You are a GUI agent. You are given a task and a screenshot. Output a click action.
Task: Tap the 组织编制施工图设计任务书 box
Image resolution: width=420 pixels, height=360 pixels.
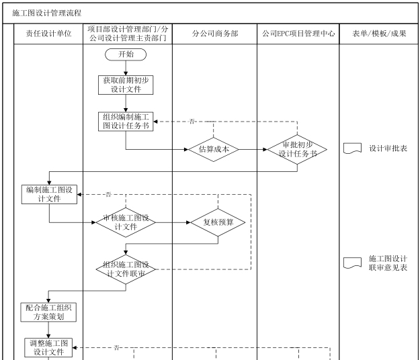[x=126, y=122]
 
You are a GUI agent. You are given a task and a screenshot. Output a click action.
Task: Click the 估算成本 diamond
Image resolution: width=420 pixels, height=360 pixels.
[x=214, y=149]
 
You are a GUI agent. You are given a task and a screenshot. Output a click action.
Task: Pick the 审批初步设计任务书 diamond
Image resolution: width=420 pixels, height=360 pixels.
[x=297, y=149]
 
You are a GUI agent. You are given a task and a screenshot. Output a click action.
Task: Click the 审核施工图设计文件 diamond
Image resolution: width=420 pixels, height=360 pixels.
[x=126, y=222]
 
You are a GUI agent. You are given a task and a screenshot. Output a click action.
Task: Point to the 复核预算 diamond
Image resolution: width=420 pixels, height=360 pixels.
[x=218, y=222]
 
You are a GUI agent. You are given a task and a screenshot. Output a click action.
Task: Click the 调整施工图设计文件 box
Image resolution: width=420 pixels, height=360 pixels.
[x=49, y=348]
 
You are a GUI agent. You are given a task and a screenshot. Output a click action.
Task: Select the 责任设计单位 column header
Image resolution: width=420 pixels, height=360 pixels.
[x=48, y=34]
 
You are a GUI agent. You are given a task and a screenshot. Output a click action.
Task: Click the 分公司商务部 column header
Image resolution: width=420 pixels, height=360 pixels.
[x=214, y=34]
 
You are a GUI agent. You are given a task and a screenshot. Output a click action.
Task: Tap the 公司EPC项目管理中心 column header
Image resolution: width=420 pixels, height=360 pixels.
[x=298, y=34]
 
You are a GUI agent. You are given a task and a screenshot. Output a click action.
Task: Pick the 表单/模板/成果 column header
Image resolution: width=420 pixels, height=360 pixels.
[x=379, y=34]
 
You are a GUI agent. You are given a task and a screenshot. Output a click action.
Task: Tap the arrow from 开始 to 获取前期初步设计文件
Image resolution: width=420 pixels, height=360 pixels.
[x=126, y=66]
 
